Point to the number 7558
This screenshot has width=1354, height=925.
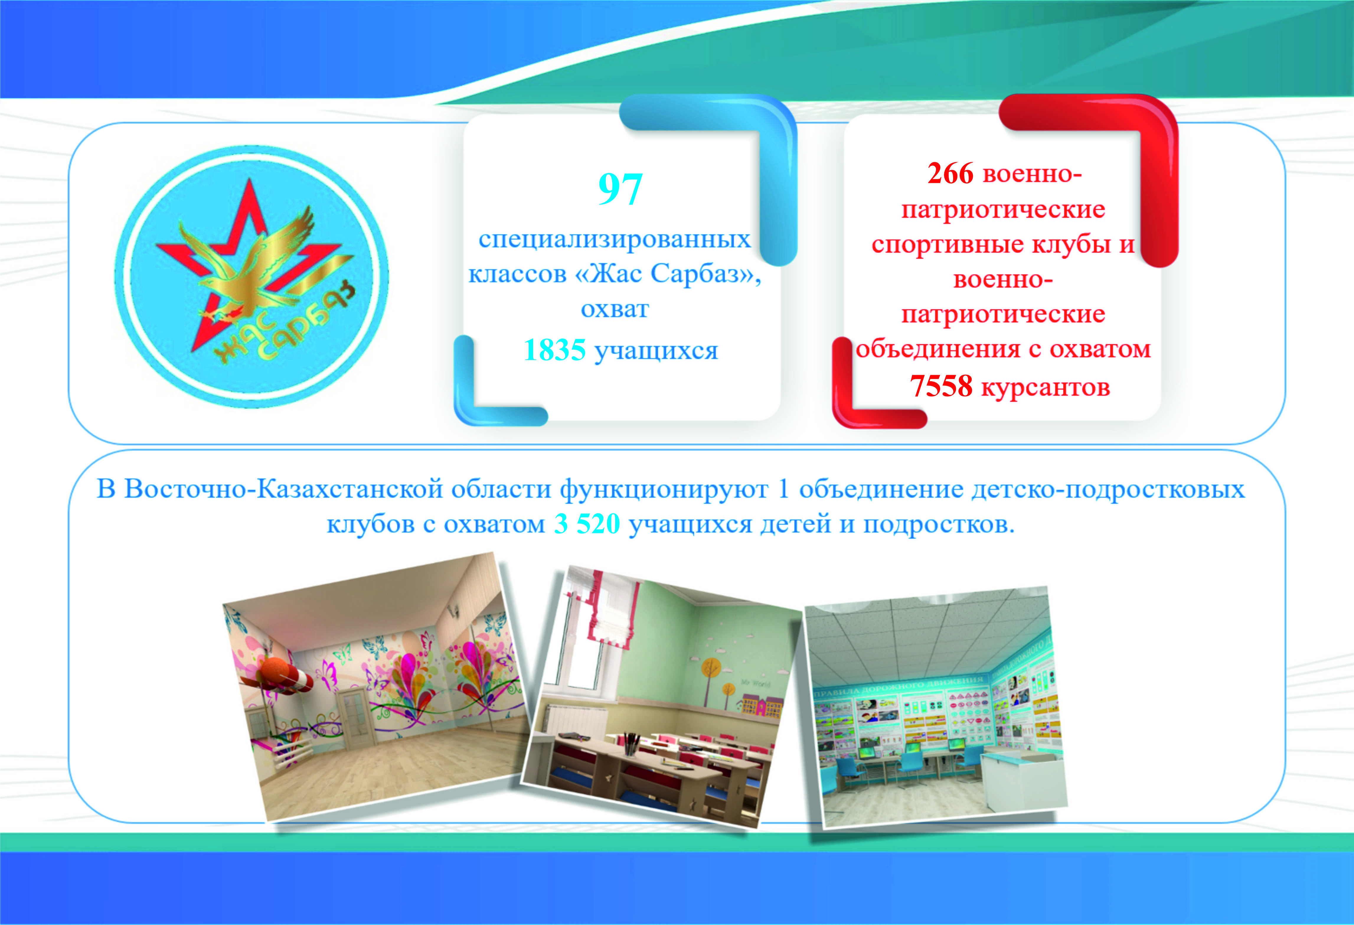click(x=941, y=385)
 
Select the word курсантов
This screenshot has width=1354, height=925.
click(x=1046, y=387)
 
